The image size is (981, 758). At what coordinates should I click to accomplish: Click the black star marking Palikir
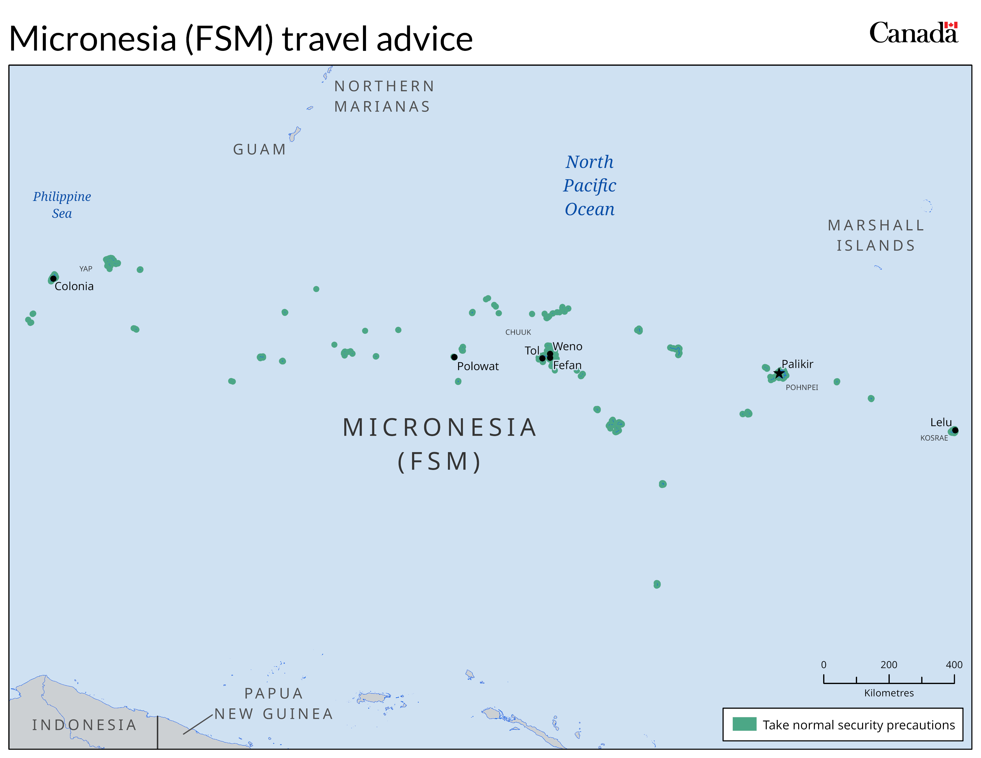(779, 373)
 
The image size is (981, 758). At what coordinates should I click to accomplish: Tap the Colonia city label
(74, 287)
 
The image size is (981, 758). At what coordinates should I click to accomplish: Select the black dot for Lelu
(955, 430)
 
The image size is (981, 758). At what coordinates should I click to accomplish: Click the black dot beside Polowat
(454, 357)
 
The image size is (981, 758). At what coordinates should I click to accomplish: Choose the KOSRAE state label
(934, 438)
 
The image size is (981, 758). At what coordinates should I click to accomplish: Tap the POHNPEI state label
(801, 388)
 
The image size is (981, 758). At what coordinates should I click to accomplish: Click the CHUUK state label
(518, 332)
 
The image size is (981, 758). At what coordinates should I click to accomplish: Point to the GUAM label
(260, 150)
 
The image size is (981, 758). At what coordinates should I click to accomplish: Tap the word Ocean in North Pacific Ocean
(589, 209)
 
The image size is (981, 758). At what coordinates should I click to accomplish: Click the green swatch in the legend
(744, 724)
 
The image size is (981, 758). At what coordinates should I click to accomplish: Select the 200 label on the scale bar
(889, 665)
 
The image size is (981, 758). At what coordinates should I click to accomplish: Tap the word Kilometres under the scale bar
(889, 693)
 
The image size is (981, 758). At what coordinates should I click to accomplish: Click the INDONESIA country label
(84, 725)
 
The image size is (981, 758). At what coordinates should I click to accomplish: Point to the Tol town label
(532, 351)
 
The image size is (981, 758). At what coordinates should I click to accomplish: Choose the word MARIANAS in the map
(382, 107)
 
